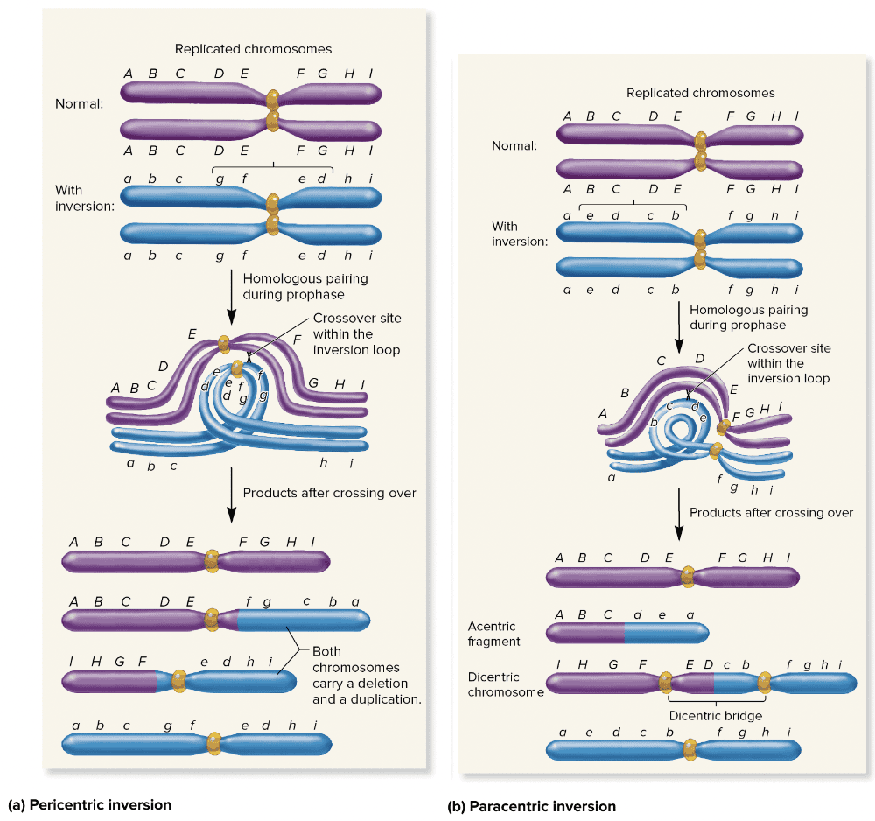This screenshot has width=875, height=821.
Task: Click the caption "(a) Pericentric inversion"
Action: point(88,803)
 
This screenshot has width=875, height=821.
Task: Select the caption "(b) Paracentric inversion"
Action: point(532,806)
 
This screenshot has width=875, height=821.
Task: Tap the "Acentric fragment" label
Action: point(493,634)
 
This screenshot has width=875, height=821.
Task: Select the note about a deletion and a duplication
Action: point(367,676)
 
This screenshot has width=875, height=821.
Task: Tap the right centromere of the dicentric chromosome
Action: point(765,682)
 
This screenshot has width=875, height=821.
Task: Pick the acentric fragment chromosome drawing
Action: point(626,631)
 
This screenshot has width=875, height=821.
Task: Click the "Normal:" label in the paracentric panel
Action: point(514,145)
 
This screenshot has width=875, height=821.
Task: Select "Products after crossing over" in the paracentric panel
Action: point(771,513)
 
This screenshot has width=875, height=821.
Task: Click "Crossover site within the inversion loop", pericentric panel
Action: point(356,333)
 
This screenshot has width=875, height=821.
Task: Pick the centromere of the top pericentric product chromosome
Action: point(211,560)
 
